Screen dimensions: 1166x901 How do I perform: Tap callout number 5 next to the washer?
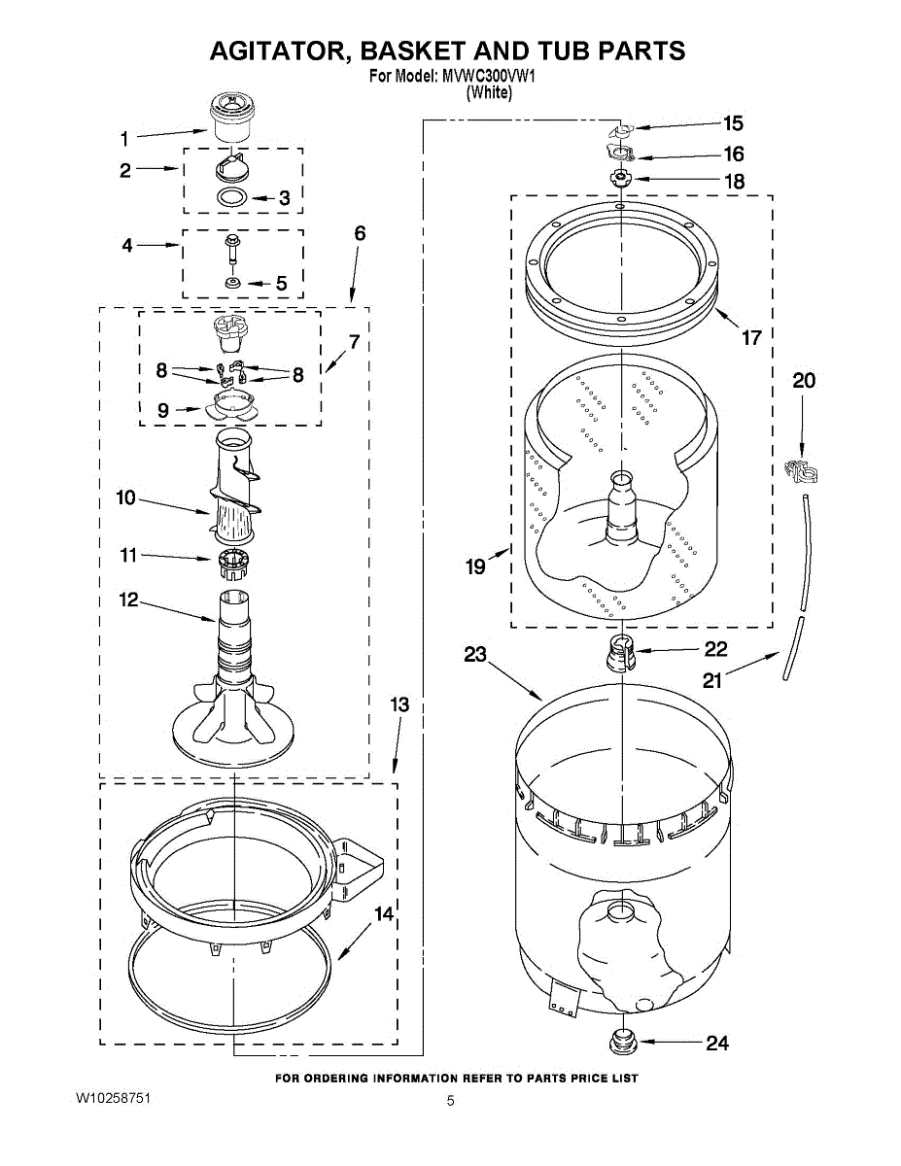pyautogui.click(x=281, y=284)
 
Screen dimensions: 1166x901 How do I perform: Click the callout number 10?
pyautogui.click(x=125, y=498)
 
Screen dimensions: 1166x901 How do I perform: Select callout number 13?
pyautogui.click(x=399, y=704)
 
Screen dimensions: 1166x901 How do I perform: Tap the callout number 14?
pyautogui.click(x=385, y=914)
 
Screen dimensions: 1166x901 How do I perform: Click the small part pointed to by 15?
pyautogui.click(x=621, y=129)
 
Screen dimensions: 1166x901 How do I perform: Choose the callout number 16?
pyautogui.click(x=733, y=154)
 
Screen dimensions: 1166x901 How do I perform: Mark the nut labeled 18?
pyautogui.click(x=620, y=179)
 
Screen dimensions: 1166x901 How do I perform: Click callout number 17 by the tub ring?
pyautogui.click(x=751, y=338)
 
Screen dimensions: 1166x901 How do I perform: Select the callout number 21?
pyautogui.click(x=712, y=680)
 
